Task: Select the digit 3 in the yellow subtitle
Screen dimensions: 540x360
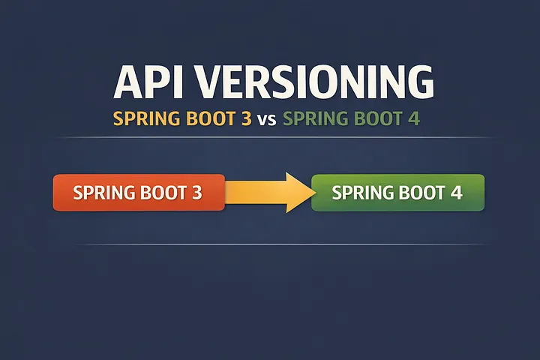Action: pyautogui.click(x=246, y=118)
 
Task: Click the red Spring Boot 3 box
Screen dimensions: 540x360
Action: pyautogui.click(x=139, y=193)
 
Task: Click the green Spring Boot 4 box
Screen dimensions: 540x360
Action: pyautogui.click(x=397, y=193)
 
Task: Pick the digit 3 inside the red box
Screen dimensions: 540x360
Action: pyautogui.click(x=197, y=193)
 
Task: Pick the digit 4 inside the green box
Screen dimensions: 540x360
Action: pyautogui.click(x=456, y=193)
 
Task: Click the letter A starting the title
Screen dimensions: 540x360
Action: pyautogui.click(x=128, y=83)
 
